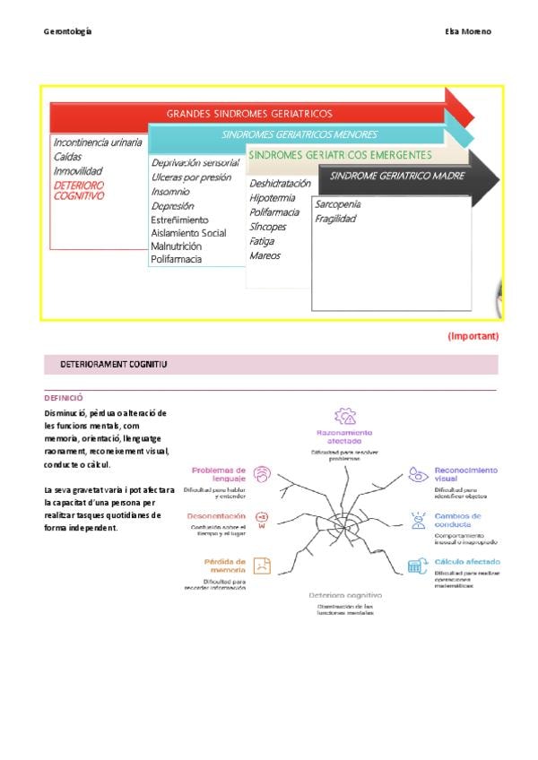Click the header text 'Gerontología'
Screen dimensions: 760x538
pos(68,31)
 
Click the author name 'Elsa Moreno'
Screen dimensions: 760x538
pos(468,31)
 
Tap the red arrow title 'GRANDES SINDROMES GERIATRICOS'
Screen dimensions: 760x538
pos(249,114)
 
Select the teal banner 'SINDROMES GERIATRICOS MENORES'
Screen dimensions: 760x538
pos(299,135)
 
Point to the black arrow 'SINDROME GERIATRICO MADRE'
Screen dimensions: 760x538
pos(397,176)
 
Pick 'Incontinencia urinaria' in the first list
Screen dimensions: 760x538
pos(97,142)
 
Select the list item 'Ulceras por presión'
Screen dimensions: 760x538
pos(191,177)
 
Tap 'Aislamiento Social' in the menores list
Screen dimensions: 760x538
pos(188,233)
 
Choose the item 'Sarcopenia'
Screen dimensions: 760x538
pos(338,204)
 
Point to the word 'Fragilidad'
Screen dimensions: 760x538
pos(335,219)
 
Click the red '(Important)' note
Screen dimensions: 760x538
pos(473,336)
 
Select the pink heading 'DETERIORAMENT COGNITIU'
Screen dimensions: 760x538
pos(114,365)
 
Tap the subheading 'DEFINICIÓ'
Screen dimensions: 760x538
pos(64,397)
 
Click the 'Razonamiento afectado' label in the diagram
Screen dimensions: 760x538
pos(338,437)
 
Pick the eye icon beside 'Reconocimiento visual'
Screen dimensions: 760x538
pos(417,475)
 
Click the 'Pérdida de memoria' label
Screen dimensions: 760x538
pos(226,566)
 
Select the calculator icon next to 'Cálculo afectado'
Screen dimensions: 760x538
pos(416,566)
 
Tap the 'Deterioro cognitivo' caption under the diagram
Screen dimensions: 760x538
pos(345,595)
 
